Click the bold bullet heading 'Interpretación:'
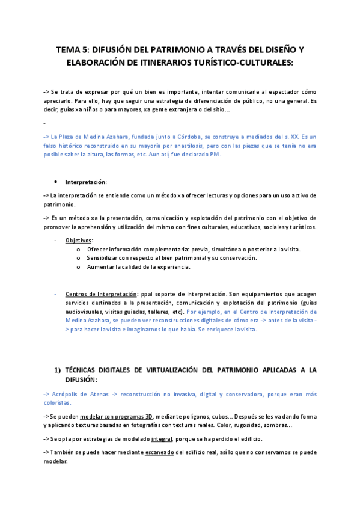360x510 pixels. click(86, 182)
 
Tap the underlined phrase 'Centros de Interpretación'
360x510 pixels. click(101, 294)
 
